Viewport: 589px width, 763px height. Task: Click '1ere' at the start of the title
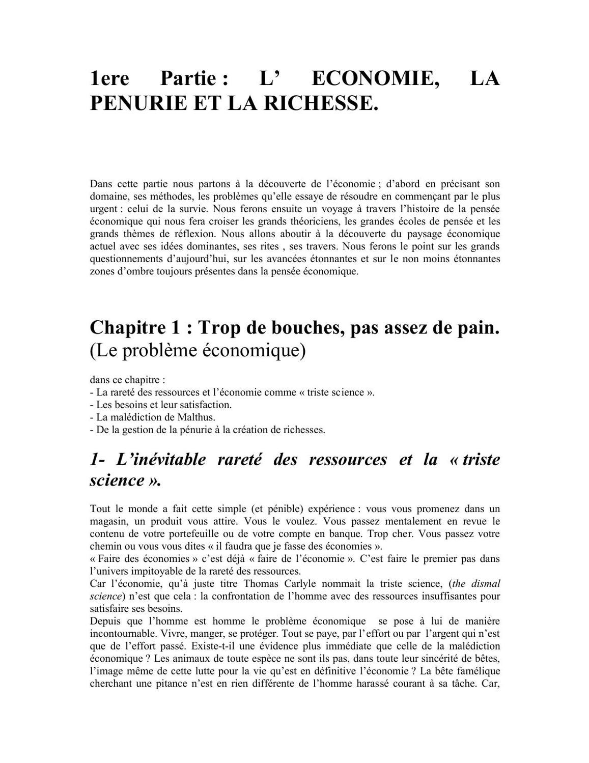pos(109,79)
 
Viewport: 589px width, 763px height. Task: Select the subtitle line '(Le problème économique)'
pos(198,351)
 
